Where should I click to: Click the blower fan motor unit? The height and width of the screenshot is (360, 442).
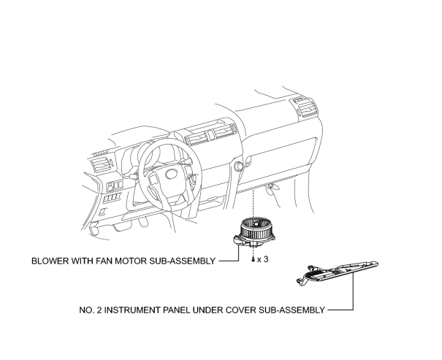[254, 233]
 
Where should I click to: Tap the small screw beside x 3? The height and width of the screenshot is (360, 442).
[253, 259]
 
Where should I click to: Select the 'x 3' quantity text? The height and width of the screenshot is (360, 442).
[263, 259]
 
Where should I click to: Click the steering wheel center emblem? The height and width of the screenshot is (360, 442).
[171, 174]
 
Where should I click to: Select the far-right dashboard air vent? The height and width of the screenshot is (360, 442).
[307, 107]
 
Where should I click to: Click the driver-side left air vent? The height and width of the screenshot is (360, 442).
[100, 165]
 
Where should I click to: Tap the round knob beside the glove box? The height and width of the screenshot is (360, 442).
[238, 166]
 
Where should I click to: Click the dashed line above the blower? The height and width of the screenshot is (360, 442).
[254, 204]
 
